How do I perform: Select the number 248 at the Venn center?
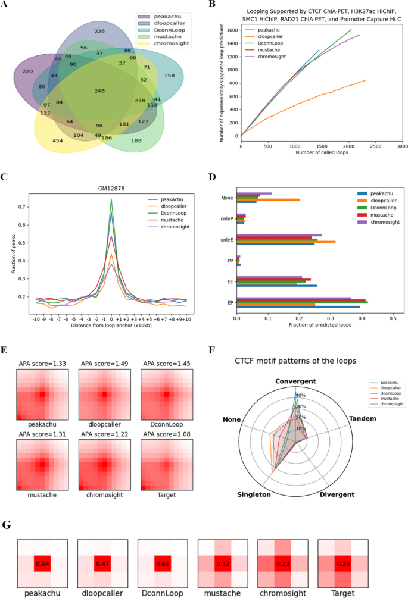99,90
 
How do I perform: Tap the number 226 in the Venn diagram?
99,31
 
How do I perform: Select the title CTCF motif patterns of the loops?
295,361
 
